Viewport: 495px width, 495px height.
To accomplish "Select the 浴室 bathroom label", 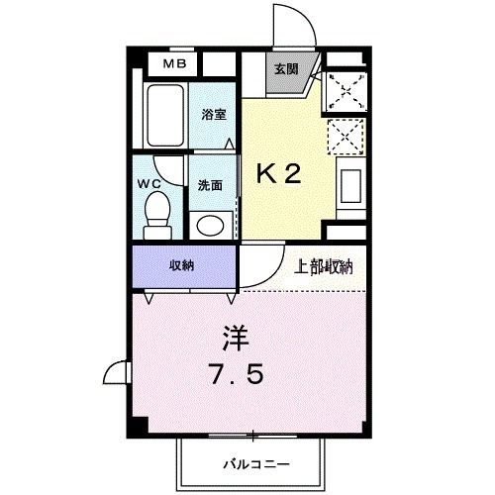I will [x=215, y=114].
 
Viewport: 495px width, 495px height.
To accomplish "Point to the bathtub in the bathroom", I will [x=162, y=116].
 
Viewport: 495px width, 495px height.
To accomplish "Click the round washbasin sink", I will [x=210, y=225].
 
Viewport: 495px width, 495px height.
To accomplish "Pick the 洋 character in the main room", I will [x=235, y=339].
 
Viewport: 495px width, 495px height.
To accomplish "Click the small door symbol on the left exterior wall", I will [x=117, y=374].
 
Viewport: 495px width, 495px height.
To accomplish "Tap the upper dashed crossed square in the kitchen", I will [x=346, y=89].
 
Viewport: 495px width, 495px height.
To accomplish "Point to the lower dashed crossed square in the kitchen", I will [x=346, y=135].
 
